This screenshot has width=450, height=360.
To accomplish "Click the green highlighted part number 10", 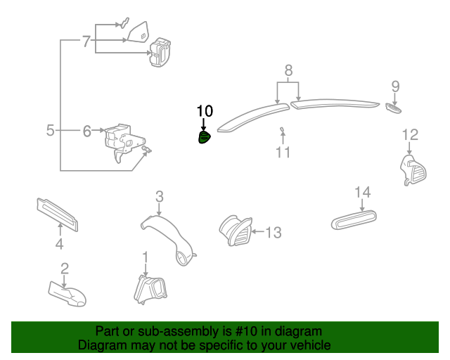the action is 204,137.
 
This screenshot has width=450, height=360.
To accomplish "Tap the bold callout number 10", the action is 205,111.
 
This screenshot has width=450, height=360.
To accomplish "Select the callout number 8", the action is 288,70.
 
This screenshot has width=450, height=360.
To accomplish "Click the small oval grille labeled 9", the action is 394,108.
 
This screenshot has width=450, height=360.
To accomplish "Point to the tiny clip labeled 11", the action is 283,131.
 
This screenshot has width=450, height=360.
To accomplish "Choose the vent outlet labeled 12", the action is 413,170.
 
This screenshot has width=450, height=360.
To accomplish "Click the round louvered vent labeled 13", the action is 236,231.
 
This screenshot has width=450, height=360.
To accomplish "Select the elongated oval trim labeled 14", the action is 354,220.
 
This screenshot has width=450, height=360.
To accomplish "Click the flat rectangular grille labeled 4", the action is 58,214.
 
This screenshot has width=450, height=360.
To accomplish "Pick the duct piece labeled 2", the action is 67,294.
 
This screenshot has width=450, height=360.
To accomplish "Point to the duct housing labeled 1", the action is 150,290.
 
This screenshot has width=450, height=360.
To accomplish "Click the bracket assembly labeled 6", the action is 124,143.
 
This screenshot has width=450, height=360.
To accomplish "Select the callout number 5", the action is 50,131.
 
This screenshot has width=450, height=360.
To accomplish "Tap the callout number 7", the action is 86,41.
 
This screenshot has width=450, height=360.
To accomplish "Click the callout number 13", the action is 274,232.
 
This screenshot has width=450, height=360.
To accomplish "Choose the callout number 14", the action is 363,193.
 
